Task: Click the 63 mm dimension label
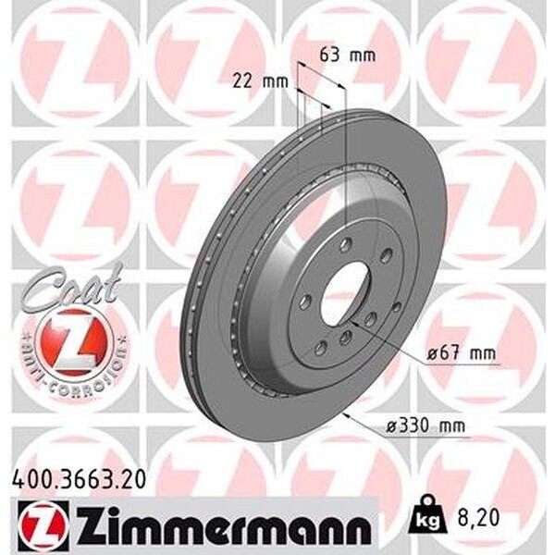[347, 55]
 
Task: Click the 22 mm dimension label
[257, 81]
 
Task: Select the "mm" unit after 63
[364, 55]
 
